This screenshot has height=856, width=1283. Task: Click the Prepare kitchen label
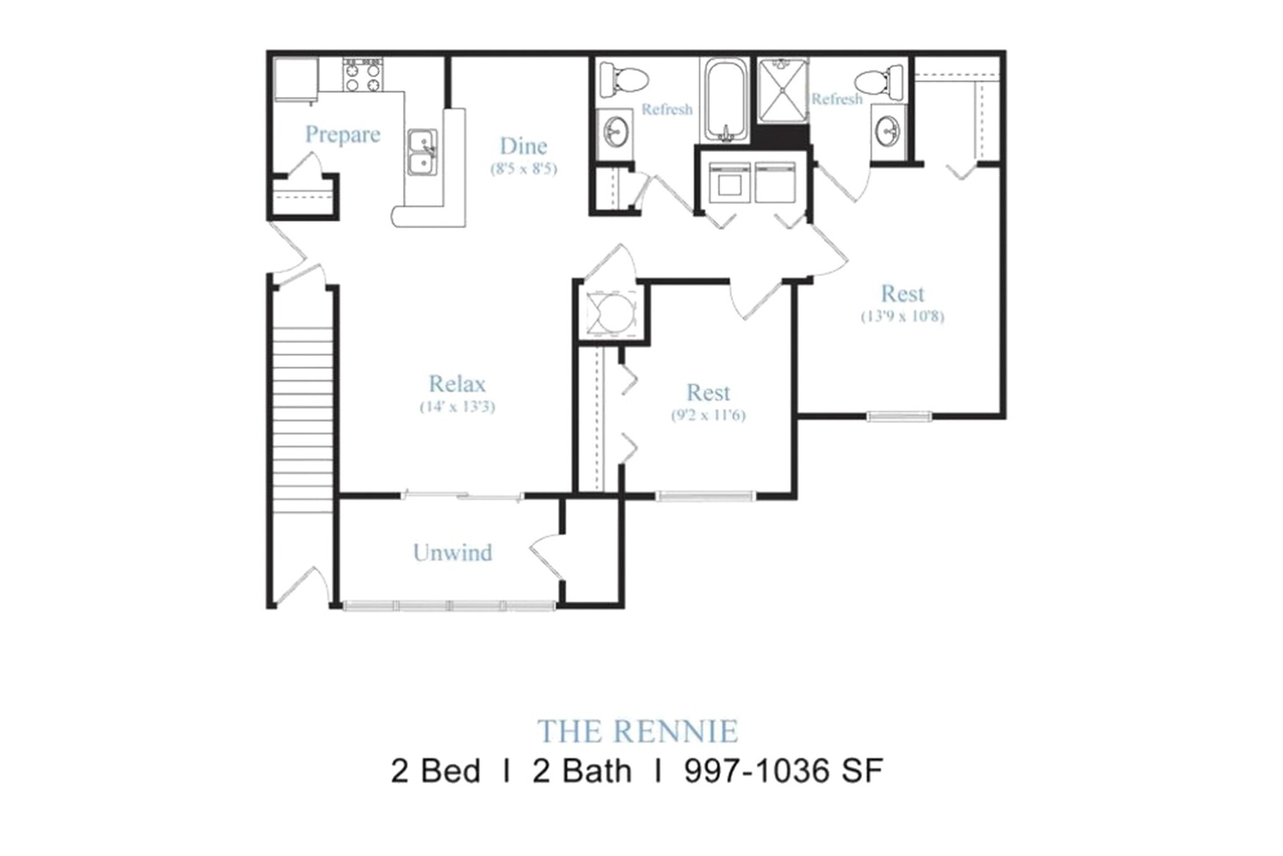(x=343, y=135)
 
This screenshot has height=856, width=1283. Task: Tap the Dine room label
(x=523, y=146)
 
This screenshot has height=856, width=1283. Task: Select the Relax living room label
(x=457, y=383)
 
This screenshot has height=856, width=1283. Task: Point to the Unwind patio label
(x=452, y=552)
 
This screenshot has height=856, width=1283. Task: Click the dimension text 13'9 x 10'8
(x=903, y=316)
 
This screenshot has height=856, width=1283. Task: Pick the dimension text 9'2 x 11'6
(x=709, y=415)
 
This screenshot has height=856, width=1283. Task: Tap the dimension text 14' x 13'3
(x=457, y=407)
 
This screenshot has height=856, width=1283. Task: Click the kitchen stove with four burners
(x=362, y=75)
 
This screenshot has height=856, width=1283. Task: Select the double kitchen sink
(x=423, y=153)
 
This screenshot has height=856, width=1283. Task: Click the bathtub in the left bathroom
(x=725, y=100)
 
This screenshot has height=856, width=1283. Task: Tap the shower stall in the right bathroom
(x=782, y=91)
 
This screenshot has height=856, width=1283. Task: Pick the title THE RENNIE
(x=638, y=731)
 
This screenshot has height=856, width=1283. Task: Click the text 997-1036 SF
(x=784, y=771)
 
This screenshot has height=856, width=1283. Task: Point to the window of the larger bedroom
(x=899, y=416)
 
